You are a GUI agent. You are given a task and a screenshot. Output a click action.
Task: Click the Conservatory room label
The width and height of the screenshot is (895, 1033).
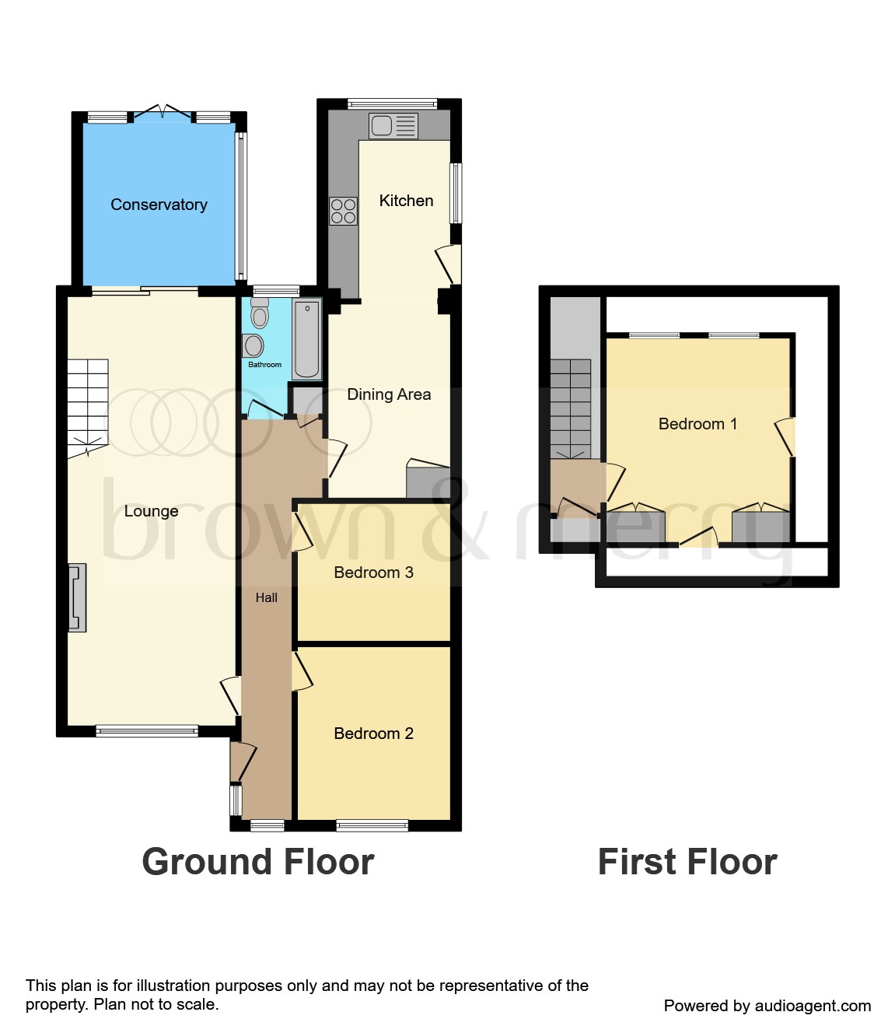[159, 205]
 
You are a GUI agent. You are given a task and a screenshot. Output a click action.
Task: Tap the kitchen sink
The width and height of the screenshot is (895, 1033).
[393, 126]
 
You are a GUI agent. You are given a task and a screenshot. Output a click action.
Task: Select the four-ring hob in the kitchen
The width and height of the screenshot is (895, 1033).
[343, 211]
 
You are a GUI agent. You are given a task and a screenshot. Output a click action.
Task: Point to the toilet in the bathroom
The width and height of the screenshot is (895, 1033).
[260, 313]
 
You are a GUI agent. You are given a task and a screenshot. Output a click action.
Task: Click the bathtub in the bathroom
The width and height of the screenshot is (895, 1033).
[307, 339]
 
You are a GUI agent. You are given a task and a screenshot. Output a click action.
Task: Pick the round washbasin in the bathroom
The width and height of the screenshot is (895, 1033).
[253, 345]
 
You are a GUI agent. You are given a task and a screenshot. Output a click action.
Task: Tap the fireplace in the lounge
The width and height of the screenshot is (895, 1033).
[77, 597]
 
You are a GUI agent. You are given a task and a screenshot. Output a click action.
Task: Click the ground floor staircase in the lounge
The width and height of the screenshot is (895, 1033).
[87, 407]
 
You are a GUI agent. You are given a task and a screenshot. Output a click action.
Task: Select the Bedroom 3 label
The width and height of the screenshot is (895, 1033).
[373, 573]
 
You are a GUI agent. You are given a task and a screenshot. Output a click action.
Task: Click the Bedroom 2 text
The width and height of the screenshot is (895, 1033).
[373, 734]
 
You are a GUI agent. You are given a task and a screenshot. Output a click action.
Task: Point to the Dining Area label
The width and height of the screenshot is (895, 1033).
[389, 394]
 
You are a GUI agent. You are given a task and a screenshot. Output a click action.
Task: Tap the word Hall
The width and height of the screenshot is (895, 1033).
[267, 597]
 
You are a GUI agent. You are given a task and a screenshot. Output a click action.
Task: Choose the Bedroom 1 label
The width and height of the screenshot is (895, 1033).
[697, 424]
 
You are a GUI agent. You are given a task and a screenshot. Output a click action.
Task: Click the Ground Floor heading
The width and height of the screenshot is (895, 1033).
[258, 862]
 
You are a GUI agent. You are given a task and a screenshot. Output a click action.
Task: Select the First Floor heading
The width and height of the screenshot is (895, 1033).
[687, 862]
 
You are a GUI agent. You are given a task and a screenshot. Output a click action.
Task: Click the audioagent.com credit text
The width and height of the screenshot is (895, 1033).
[767, 1006]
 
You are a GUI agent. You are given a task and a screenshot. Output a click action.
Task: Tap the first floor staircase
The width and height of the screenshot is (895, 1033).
[571, 408]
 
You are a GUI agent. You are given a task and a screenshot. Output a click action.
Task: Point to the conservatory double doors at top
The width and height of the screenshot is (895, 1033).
[162, 114]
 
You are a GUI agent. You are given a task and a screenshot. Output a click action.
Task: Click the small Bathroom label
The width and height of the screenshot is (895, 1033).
[264, 365]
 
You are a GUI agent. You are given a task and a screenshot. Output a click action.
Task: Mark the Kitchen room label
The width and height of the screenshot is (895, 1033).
[406, 201]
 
